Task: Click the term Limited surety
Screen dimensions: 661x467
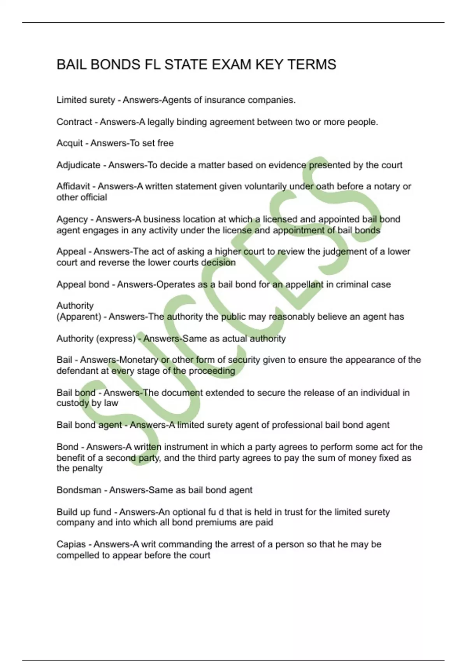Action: (86, 100)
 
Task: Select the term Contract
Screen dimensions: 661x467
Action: (74, 122)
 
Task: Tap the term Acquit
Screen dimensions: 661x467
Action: (70, 143)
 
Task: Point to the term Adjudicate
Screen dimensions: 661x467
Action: (78, 165)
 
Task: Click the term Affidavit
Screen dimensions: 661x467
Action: (73, 187)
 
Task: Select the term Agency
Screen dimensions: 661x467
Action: (72, 219)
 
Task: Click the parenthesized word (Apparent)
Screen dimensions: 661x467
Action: (79, 317)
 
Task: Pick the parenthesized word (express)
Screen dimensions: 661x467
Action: (116, 339)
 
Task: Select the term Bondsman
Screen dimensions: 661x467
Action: (79, 490)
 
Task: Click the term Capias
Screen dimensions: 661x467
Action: (71, 544)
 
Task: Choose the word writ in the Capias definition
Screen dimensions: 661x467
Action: (148, 544)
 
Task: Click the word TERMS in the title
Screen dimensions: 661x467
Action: (312, 65)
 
